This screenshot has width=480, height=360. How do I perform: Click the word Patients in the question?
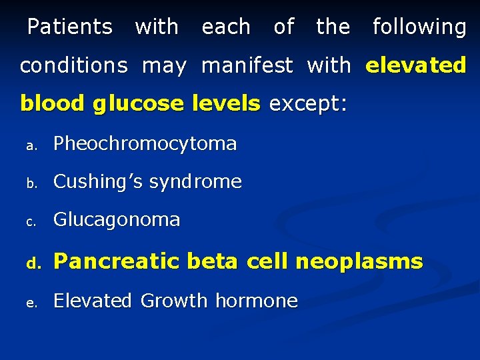[x=70, y=27]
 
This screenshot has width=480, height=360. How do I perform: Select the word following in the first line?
[x=419, y=27]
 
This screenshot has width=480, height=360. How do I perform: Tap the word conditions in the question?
[x=73, y=65]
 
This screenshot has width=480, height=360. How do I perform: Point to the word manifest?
[x=247, y=65]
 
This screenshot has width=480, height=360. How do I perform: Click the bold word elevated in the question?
[x=415, y=65]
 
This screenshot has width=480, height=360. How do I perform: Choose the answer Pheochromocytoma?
[x=145, y=144]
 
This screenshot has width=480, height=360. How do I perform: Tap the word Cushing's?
[x=98, y=182]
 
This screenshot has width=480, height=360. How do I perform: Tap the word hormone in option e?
[x=256, y=301]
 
